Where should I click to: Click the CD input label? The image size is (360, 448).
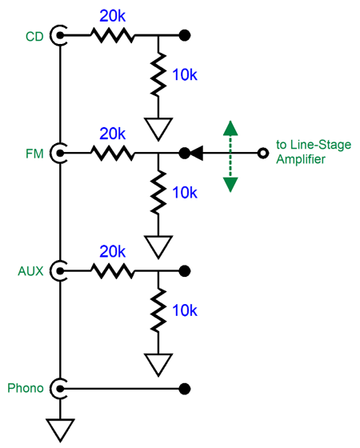pos(34,37)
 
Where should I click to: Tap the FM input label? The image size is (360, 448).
pos(34,154)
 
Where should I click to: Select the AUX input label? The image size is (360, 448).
pos(30,271)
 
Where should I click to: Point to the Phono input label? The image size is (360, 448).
pos(26,388)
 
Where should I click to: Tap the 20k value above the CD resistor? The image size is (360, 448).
pos(112,16)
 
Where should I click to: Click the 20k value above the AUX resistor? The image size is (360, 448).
pos(112,251)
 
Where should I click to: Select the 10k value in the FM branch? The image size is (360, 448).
pos(185,192)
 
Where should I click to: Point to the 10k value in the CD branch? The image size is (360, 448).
pos(185,74)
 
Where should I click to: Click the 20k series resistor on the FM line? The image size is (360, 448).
pos(112,153)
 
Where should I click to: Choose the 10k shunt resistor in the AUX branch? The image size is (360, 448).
pos(158,310)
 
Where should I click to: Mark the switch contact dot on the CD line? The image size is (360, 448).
pos(185,35)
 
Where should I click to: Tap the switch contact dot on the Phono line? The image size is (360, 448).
pos(185,389)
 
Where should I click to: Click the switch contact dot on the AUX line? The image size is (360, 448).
pos(185,271)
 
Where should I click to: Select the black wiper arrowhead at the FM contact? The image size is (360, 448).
pos(197,153)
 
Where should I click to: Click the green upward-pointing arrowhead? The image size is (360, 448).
pos(230,128)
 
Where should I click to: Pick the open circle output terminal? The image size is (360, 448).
pos(263,153)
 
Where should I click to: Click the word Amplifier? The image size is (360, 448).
pos(301,159)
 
